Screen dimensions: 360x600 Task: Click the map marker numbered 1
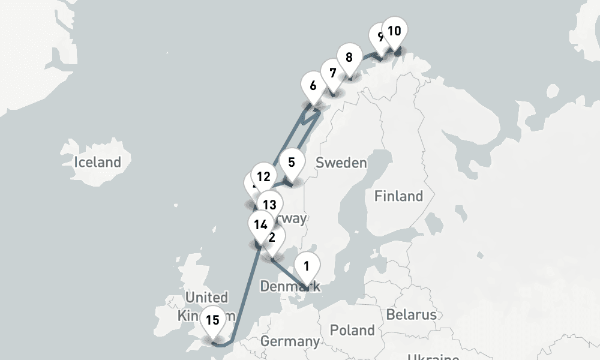tap(307, 265)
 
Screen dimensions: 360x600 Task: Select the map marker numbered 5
tap(292, 163)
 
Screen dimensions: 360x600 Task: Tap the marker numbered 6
tap(313, 85)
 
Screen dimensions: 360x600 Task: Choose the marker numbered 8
tap(349, 58)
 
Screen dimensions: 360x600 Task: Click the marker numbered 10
tap(394, 31)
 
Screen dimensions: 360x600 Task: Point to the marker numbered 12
tap(262, 176)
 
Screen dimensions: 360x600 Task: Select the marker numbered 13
tap(269, 205)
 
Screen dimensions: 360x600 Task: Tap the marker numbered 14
tap(260, 225)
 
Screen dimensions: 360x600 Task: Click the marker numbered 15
tap(212, 320)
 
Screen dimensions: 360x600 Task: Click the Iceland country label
tap(97, 162)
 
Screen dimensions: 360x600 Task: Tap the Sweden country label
tap(341, 163)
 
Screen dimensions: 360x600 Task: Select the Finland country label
tap(398, 196)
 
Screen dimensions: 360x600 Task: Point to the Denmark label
tap(290, 287)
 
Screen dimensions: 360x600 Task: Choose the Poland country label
tap(352, 330)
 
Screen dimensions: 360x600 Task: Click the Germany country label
tap(290, 341)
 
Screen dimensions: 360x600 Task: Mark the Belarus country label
tap(411, 314)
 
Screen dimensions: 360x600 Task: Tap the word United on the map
tap(206, 297)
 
